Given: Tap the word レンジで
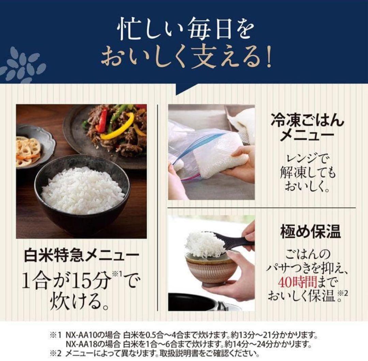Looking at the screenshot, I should [307, 159].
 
